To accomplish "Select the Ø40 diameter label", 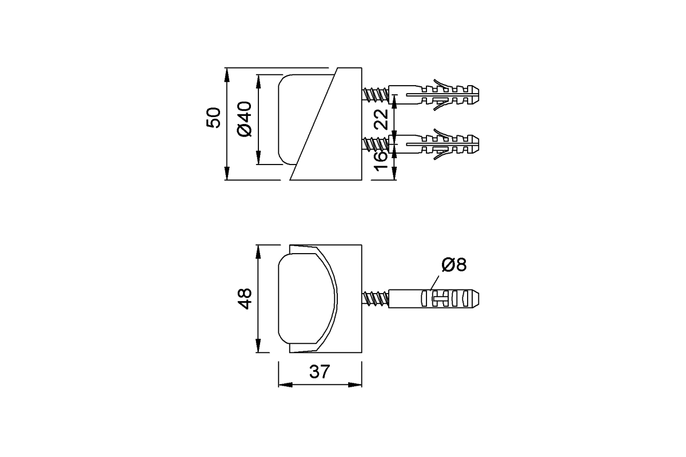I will point(244,119).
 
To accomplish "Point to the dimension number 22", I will point(382,119).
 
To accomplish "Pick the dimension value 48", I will point(245,299).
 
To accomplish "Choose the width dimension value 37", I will point(320,372).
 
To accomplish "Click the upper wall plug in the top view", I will point(434,94).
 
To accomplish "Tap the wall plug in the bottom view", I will point(434,299).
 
